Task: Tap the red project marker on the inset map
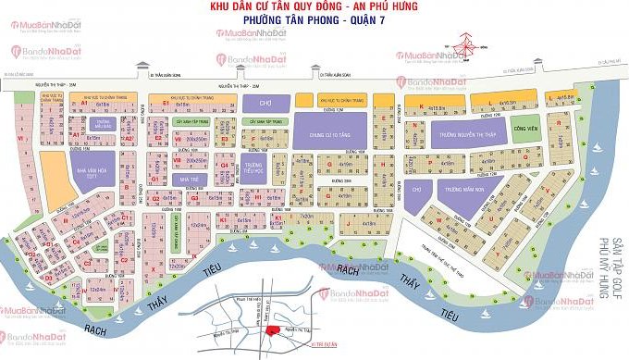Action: [x=273, y=330]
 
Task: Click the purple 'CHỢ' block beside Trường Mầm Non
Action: [x=416, y=189]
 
